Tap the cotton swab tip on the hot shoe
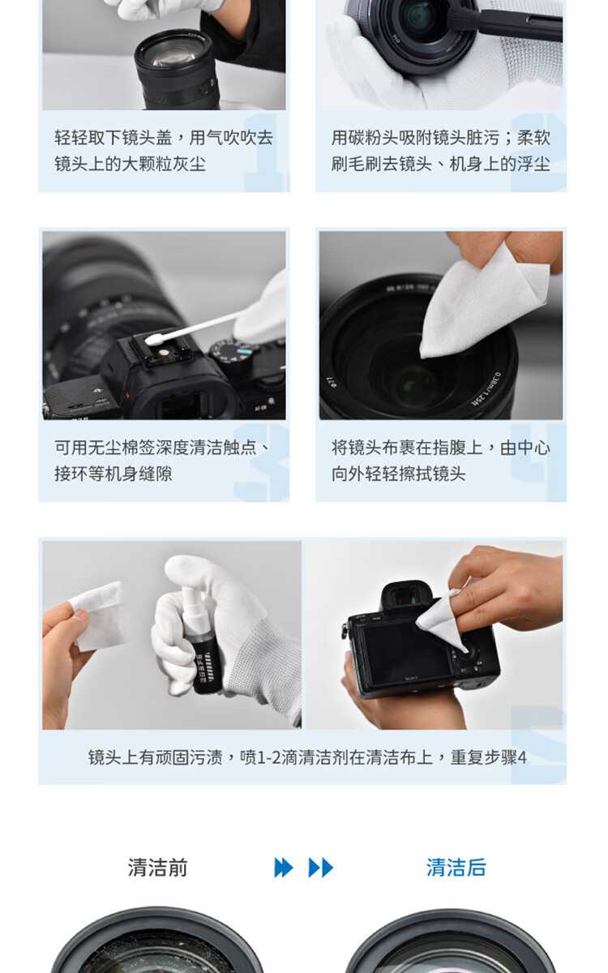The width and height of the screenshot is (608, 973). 152,339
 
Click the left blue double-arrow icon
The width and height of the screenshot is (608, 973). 284,868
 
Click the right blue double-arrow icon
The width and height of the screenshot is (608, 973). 321,868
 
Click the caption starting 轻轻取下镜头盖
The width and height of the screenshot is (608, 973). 163,151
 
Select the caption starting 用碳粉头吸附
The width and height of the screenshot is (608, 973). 441,151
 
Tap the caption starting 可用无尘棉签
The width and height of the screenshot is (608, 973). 162,461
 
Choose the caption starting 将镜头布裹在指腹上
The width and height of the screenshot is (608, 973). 441,461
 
